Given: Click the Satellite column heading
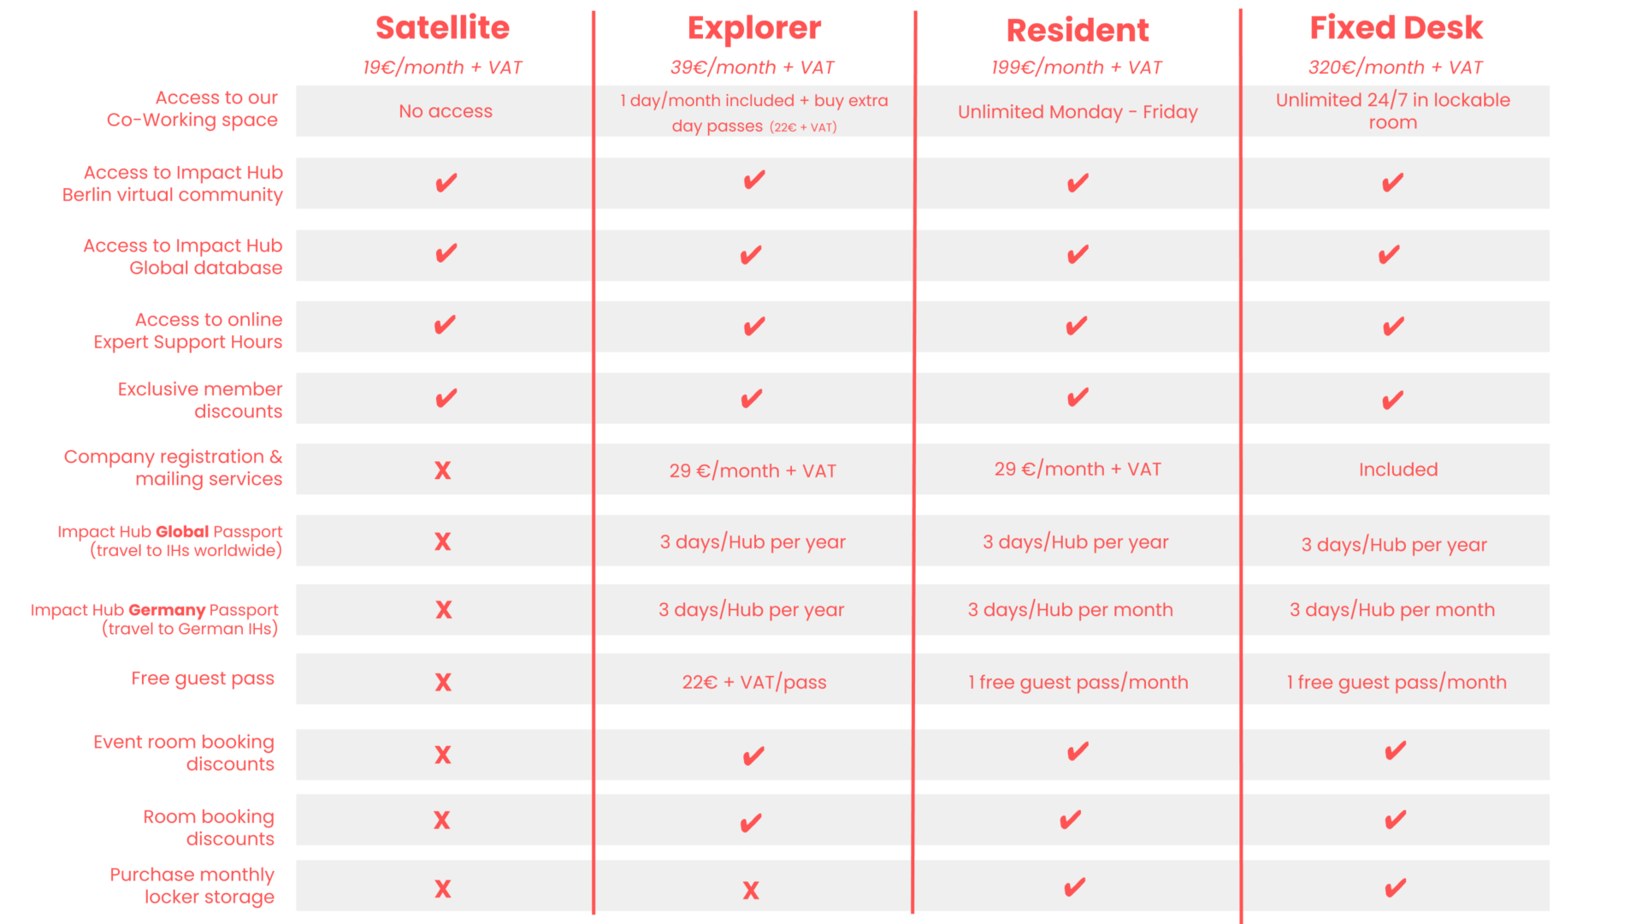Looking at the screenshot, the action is (442, 28).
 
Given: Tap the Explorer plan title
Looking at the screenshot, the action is (754, 29).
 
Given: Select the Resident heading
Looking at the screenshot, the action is (1078, 31).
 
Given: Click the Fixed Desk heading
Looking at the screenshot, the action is (1397, 28).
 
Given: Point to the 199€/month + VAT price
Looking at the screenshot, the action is (1077, 68).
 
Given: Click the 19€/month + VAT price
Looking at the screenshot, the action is (442, 68).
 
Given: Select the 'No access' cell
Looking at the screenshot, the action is (446, 111).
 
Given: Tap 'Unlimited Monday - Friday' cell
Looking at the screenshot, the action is (1078, 112).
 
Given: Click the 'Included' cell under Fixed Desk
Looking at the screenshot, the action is (1398, 470).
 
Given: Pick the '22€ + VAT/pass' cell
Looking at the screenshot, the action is (754, 682).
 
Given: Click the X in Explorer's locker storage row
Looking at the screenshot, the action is (751, 891).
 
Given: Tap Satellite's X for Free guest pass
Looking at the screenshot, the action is (443, 682).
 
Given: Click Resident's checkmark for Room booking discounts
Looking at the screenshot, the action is (1071, 820).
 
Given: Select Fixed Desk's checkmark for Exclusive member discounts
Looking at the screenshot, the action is (1393, 400).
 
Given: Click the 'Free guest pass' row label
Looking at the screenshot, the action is (203, 678).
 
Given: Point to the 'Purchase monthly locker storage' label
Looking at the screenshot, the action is (192, 885).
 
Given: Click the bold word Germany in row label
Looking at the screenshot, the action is (167, 610).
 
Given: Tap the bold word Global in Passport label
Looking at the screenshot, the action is (182, 531).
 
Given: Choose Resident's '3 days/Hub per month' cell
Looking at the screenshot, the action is (1070, 610).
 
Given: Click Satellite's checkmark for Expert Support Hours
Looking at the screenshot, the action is (445, 325).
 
